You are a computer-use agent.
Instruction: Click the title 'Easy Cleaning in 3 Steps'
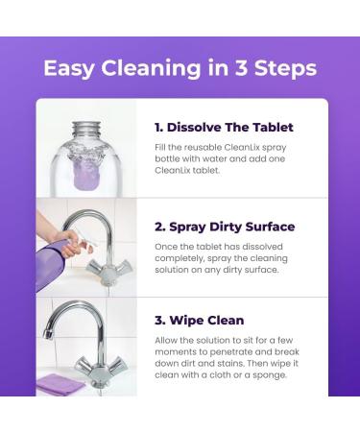pos(180,68)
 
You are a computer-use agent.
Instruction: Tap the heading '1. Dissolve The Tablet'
pos(224,127)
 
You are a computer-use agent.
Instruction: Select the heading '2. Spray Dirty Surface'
pos(224,227)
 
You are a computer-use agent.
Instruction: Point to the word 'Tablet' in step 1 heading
pos(270,127)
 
